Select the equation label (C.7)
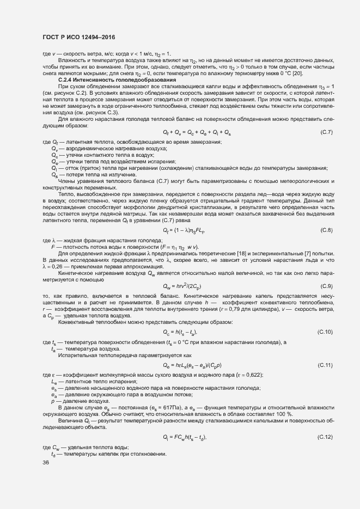(326, 132)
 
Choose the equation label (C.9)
(326, 286)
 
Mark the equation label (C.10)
(325, 332)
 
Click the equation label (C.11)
(325, 365)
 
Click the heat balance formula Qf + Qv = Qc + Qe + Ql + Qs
(197, 133)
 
